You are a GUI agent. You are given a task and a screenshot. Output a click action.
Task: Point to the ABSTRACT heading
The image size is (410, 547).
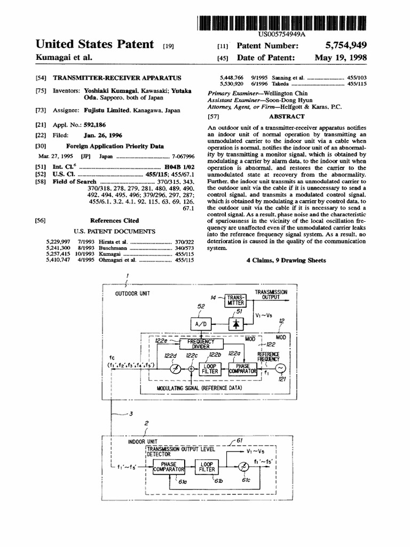[287, 116]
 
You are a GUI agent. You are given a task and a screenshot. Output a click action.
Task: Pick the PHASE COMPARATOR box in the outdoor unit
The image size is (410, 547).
[243, 368]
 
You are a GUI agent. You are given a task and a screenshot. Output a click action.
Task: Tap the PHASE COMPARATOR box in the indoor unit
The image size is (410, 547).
[169, 467]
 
